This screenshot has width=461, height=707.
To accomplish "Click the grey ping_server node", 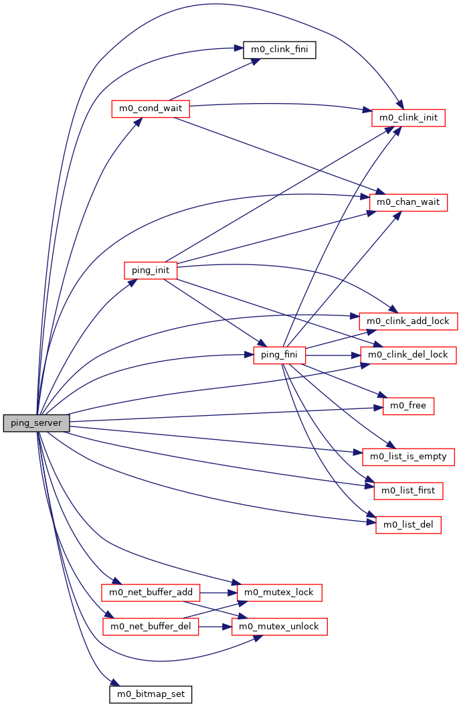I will (37, 423).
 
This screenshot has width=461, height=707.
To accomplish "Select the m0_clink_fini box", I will (279, 50).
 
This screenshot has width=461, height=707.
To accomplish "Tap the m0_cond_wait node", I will (151, 108).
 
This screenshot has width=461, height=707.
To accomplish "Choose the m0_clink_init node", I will (408, 117).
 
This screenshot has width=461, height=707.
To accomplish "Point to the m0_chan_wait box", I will (408, 202).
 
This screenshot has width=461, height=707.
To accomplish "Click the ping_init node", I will (151, 270).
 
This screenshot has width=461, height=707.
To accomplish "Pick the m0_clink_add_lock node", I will (409, 321).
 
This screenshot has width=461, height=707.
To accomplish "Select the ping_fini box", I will (280, 355).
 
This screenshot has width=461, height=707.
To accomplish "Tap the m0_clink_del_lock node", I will (409, 355).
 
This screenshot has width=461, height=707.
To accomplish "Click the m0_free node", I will (408, 406).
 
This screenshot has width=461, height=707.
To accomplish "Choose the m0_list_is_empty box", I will (408, 457).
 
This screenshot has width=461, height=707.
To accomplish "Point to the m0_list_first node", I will (408, 491).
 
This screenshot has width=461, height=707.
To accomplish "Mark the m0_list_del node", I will (408, 525).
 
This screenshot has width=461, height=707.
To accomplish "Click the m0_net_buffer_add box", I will (151, 593).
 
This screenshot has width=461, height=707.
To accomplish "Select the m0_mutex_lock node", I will (279, 593).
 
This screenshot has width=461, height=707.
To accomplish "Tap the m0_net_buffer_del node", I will (151, 627).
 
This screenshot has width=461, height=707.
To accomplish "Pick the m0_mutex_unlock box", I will (279, 627).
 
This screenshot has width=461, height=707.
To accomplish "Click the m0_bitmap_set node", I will (151, 694).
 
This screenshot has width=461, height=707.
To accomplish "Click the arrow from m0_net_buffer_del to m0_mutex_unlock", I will (214, 627).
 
